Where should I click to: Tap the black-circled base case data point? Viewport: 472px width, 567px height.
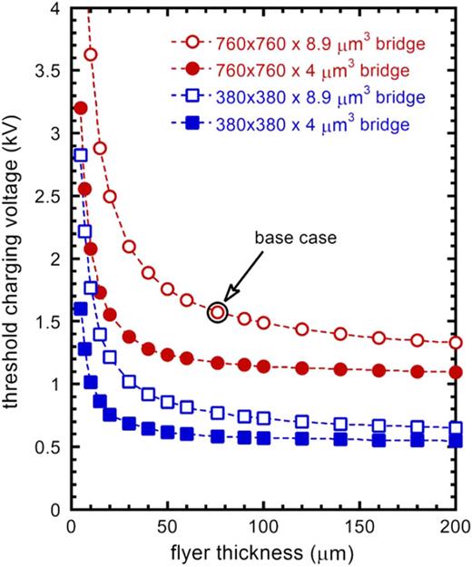(x=217, y=312)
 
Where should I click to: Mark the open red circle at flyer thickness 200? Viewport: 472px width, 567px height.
(x=456, y=343)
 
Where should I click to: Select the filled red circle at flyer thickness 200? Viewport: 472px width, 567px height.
(x=456, y=372)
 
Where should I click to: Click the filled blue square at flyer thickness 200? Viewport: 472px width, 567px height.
(x=456, y=441)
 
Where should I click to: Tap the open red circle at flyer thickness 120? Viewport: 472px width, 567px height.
(x=302, y=329)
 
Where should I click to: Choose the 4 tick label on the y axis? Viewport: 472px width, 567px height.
(x=55, y=7)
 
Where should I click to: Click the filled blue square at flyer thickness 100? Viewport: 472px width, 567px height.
(x=263, y=438)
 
